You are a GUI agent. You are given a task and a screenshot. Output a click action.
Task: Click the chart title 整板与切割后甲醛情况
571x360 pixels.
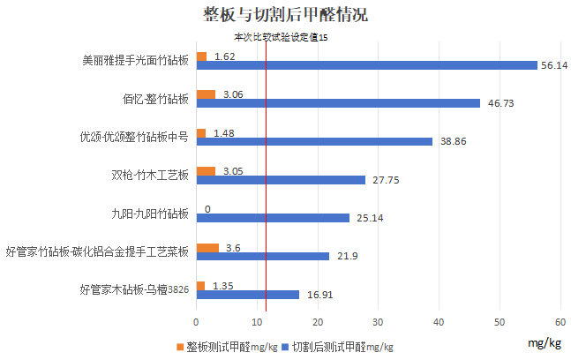pyautogui.click(x=285, y=15)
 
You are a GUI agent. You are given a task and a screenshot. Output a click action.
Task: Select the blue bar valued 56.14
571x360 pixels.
pyautogui.click(x=366, y=64)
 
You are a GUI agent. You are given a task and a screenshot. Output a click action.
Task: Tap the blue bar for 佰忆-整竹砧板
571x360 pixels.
pyautogui.click(x=338, y=103)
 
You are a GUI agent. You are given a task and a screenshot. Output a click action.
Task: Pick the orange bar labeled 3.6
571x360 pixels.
pyautogui.click(x=207, y=248)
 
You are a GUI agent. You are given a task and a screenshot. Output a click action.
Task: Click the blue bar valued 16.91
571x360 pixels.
pyautogui.click(x=247, y=294)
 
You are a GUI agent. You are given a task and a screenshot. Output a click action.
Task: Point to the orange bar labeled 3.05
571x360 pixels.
pyautogui.click(x=205, y=171)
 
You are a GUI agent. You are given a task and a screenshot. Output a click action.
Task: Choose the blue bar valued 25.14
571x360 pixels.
pyautogui.click(x=273, y=218)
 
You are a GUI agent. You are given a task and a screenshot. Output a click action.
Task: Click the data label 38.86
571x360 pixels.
pyautogui.click(x=453, y=141)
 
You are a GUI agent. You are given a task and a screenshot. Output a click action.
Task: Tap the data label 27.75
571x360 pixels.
pyautogui.click(x=385, y=180)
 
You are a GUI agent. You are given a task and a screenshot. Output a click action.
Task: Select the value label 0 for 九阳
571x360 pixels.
pyautogui.click(x=207, y=209)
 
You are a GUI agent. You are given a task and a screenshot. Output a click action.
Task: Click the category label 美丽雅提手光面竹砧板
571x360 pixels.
pyautogui.click(x=135, y=61)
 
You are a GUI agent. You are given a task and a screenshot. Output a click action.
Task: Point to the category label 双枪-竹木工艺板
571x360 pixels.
pyautogui.click(x=146, y=175)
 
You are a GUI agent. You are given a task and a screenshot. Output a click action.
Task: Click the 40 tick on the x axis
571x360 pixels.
pyautogui.click(x=439, y=320)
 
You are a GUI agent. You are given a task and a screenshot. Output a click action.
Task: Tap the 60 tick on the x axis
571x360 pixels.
pyautogui.click(x=560, y=320)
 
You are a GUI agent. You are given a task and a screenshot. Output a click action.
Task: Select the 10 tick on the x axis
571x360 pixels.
pyautogui.click(x=257, y=320)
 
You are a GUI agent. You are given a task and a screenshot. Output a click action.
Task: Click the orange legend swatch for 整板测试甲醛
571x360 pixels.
pyautogui.click(x=179, y=347)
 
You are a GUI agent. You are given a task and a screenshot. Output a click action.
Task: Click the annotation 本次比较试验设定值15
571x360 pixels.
pyautogui.click(x=279, y=38)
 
